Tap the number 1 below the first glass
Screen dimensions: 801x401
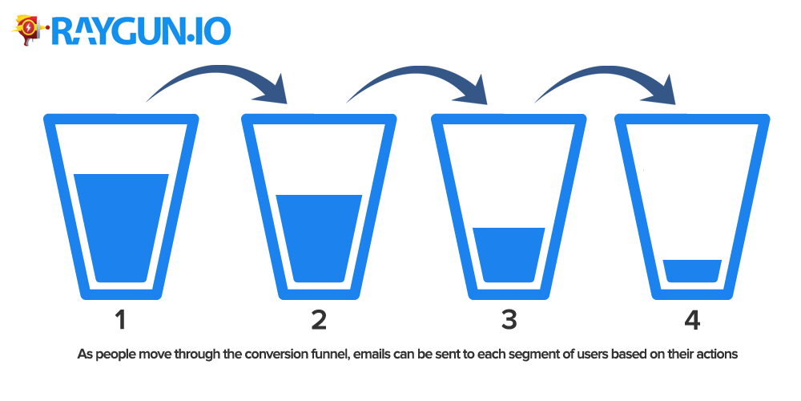coord(120,321)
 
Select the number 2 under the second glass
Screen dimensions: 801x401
coord(318,321)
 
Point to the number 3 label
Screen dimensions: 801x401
coord(509,321)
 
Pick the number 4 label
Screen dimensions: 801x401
coord(692,321)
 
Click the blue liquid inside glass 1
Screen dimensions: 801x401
coord(121,228)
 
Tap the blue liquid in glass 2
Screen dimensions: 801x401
coord(319,238)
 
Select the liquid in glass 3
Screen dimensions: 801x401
coord(509,255)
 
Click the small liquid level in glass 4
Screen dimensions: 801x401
coord(692,271)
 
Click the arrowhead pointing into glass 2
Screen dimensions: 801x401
coord(272,90)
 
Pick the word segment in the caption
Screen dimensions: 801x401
coord(498,354)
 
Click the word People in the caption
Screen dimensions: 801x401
coord(112,354)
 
